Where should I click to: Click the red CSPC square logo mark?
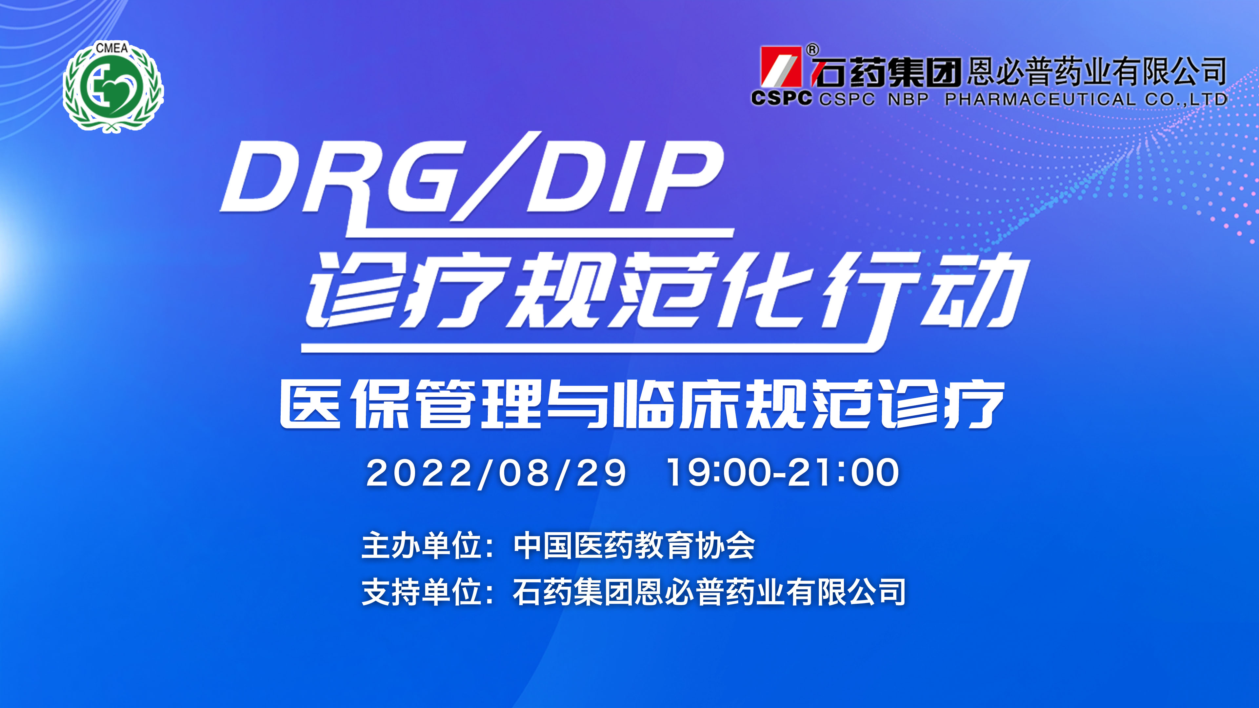781,67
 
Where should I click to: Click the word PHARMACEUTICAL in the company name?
1041,99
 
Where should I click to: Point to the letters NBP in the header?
908,99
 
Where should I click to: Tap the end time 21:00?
844,472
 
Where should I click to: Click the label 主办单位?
421,545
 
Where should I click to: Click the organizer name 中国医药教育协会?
634,545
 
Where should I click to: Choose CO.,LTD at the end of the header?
1186,100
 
